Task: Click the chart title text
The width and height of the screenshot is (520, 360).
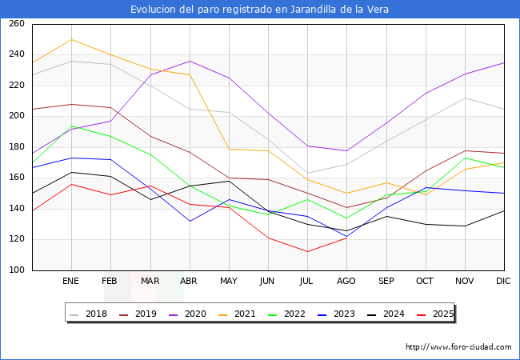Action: pos(260,9)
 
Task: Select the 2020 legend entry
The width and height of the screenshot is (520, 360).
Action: pos(193,314)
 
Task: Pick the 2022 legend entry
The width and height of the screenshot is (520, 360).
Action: pos(293,314)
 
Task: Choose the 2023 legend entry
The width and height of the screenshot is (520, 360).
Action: pos(342,314)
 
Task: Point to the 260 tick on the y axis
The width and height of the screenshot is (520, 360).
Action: pos(17,24)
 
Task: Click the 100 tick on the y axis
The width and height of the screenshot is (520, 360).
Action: pos(17,270)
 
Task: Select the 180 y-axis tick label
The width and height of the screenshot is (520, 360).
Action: pos(17,147)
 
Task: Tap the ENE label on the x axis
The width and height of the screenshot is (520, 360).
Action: pos(71,282)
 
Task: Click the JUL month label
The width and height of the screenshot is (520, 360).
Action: pos(307,282)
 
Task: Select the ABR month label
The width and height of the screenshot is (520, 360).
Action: pos(190,282)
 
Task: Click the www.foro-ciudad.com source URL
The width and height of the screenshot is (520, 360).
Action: pos(458,347)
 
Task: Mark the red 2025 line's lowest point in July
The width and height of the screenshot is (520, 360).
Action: pos(307,252)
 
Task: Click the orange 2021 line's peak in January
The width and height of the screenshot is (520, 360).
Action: pos(71,39)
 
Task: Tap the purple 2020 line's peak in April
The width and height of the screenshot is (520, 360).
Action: pos(190,61)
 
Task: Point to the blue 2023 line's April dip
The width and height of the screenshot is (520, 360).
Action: pos(190,221)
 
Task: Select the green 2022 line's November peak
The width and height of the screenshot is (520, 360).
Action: pos(465,158)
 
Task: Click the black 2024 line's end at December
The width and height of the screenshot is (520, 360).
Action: pos(504,210)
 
